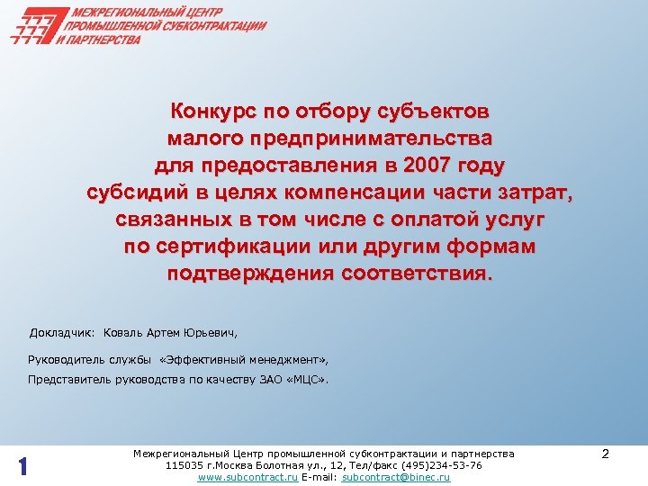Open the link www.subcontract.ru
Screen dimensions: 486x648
(x=247, y=477)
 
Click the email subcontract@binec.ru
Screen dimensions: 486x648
(x=397, y=477)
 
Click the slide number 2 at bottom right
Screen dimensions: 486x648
(x=606, y=455)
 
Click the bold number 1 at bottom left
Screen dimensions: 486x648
(x=24, y=467)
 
